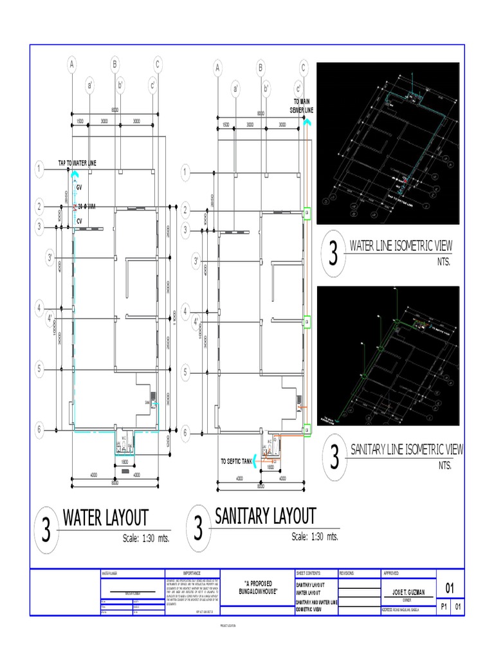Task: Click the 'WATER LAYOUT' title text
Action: point(105,518)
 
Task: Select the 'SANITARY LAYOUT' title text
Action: point(265,516)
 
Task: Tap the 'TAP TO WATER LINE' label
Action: point(77,163)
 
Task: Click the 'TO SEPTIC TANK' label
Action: point(235,461)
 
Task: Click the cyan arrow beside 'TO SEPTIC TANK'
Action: point(255,459)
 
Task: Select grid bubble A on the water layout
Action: point(72,64)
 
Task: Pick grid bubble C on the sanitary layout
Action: point(304,67)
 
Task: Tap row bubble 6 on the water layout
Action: point(39,430)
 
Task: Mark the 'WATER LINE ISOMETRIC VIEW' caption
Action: point(400,246)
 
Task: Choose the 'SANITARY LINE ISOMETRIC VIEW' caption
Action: point(405,449)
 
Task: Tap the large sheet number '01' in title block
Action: point(450,588)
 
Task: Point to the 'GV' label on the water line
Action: point(79,187)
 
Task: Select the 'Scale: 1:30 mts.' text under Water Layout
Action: point(145,538)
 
